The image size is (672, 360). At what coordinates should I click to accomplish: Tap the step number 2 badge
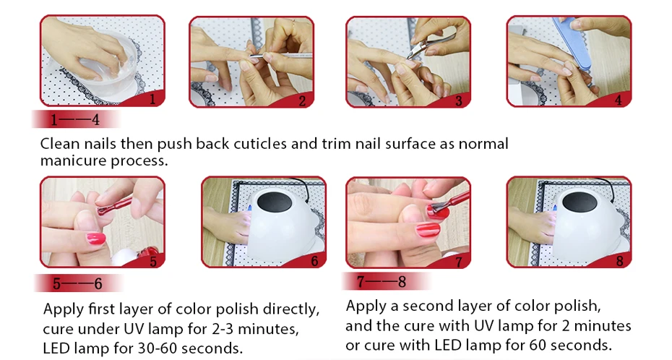tap(302, 101)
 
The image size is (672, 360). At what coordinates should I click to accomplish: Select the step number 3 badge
tap(459, 101)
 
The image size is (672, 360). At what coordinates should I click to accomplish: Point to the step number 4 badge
tap(618, 100)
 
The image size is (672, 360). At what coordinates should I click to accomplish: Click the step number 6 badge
tap(314, 261)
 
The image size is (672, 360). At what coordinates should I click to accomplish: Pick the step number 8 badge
tap(620, 260)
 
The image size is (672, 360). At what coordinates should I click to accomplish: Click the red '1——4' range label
tap(75, 119)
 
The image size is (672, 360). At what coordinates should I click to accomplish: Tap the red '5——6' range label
tap(78, 283)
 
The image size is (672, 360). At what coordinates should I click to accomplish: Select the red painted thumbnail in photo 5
tap(95, 239)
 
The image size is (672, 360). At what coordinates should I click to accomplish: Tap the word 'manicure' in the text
tap(73, 160)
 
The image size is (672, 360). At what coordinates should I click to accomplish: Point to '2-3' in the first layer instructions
tap(223, 329)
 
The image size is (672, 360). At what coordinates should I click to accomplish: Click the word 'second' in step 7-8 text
tap(428, 306)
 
